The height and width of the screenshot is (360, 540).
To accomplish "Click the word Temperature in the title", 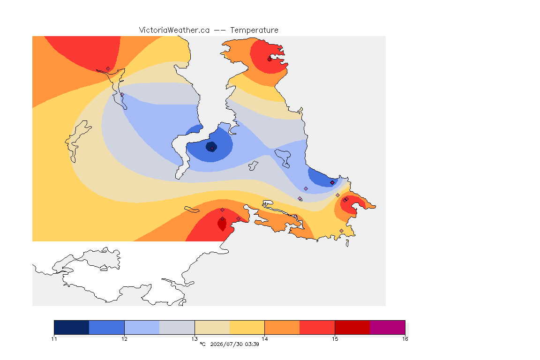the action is (x=254, y=30).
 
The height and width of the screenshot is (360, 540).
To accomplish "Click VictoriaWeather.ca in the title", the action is (x=174, y=30).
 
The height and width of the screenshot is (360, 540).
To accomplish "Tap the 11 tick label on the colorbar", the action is (x=54, y=339).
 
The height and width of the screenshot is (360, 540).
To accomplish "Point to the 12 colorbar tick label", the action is (x=124, y=339).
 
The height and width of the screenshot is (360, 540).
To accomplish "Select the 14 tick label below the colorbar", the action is (x=264, y=339).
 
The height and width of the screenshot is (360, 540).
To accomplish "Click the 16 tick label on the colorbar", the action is (x=405, y=339).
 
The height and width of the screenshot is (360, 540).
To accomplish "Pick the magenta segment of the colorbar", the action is (x=388, y=327).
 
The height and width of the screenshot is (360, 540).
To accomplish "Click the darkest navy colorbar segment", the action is (x=72, y=327).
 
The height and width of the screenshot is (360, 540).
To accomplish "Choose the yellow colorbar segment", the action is (x=247, y=327).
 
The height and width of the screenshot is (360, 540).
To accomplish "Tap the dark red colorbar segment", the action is (x=352, y=327).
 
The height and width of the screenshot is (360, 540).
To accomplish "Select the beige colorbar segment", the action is (x=212, y=327).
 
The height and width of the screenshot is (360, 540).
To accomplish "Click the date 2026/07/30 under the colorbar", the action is (x=226, y=344).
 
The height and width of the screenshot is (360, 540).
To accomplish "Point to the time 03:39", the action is (x=252, y=344).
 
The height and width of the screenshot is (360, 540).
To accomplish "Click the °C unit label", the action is (x=202, y=344).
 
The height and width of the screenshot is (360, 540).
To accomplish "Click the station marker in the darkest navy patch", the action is (x=212, y=148).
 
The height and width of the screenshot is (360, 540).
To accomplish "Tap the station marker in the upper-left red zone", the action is (x=108, y=69).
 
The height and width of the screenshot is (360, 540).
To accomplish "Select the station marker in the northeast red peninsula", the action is (x=270, y=59).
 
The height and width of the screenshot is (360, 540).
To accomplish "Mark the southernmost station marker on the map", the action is (x=341, y=231).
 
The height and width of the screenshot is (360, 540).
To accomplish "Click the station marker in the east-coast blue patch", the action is (x=332, y=183).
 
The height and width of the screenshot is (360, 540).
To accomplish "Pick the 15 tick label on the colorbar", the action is (x=335, y=339).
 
